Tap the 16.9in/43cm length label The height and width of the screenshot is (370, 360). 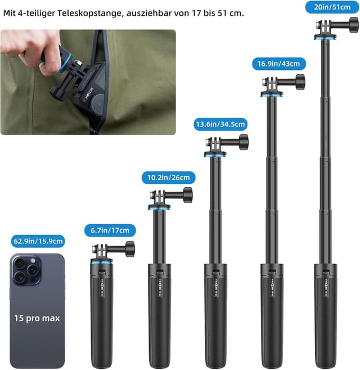[x=279, y=63]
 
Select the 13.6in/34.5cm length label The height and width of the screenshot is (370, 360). [x=220, y=124]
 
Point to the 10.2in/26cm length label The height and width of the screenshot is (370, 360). [x=169, y=177]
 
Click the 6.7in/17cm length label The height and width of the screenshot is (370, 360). [x=110, y=230]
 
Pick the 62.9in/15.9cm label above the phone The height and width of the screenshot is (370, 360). [x=38, y=241]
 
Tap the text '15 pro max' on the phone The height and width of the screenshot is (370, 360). [x=37, y=318]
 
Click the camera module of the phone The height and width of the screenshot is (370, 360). [x=25, y=270]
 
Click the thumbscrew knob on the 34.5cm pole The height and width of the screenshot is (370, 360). [x=243, y=141]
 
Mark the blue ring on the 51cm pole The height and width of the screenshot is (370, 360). [x=325, y=38]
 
